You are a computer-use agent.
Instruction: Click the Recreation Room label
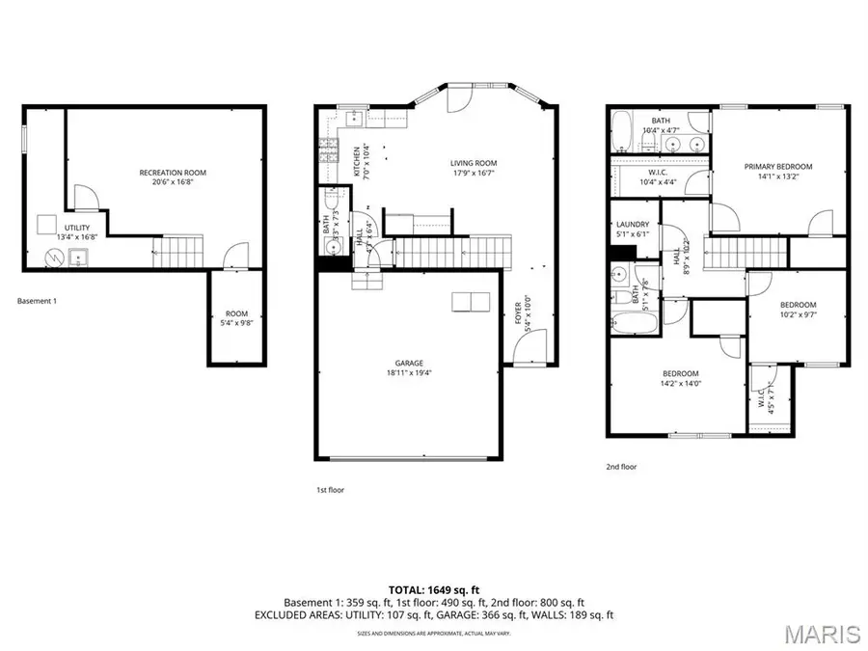173,177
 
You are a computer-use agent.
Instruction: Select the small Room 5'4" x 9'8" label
236,318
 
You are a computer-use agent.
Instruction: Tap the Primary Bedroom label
777,171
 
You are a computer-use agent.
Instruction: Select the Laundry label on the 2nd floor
634,229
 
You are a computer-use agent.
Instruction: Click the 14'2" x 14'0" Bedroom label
680,378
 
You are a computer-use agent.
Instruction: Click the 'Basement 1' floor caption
38,301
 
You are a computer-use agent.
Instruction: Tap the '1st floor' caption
330,490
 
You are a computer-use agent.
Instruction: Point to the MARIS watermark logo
822,634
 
